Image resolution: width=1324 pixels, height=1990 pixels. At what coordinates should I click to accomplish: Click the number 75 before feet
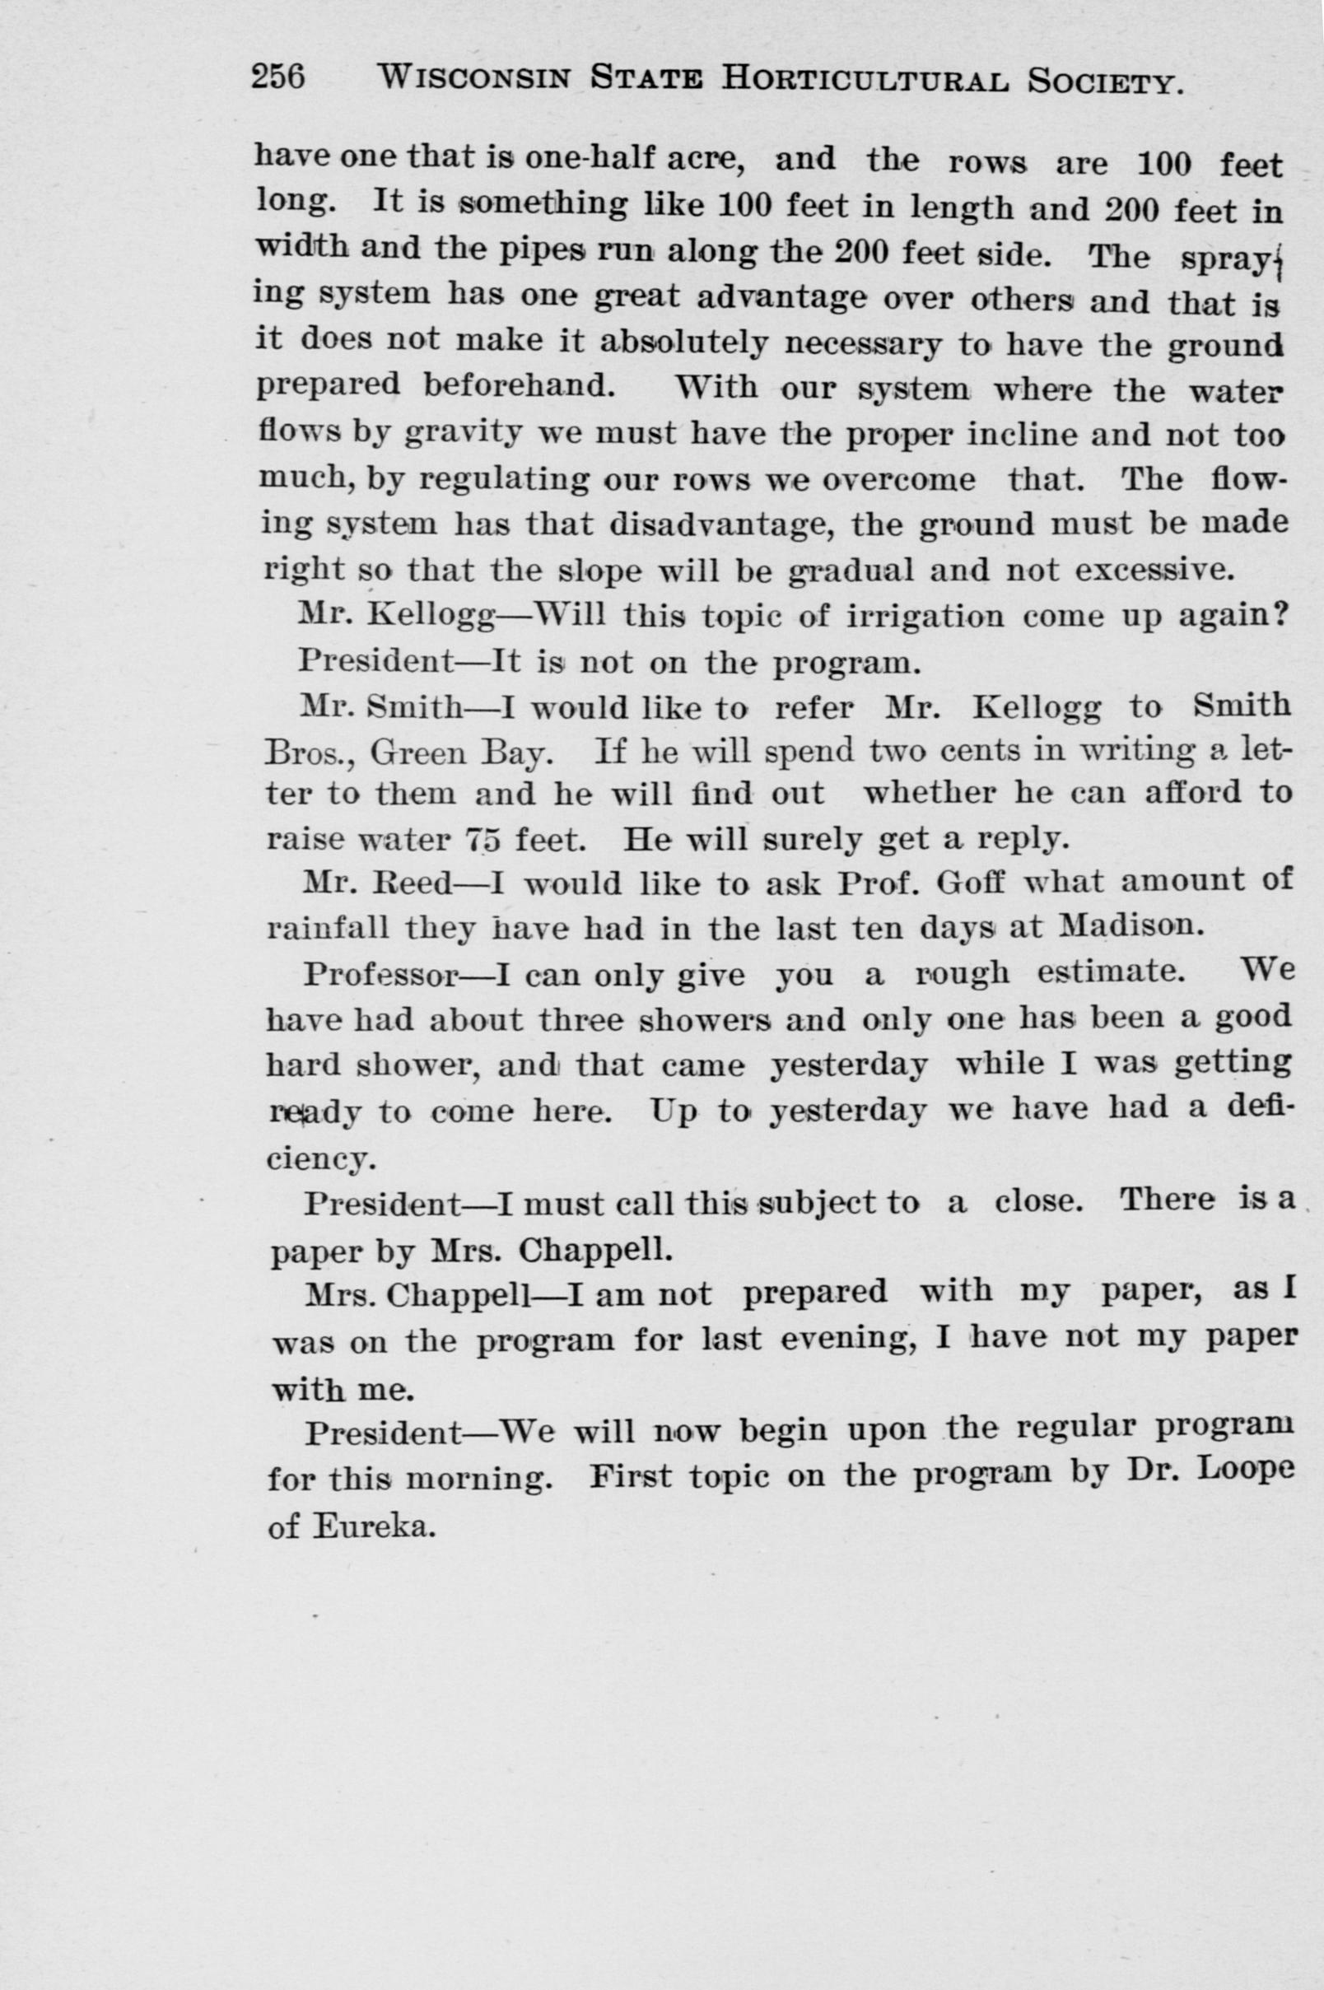coord(484,840)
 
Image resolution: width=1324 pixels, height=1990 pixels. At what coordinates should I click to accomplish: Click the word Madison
coord(1129,927)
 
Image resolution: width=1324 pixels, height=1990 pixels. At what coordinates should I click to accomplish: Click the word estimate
coord(1108,972)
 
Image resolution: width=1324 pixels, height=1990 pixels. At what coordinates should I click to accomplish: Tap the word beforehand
coord(519,386)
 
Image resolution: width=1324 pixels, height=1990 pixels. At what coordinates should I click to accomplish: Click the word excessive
coord(1154,570)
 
